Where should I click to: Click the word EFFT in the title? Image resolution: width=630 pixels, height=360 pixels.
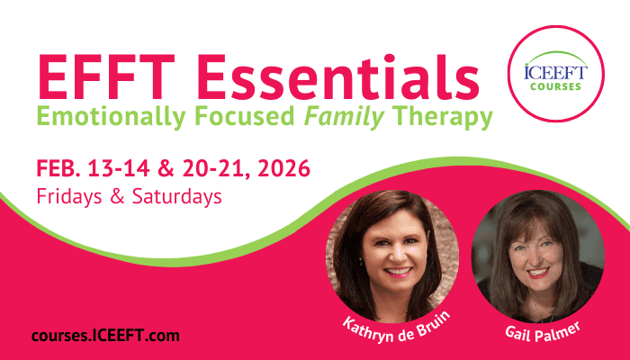pos(106,76)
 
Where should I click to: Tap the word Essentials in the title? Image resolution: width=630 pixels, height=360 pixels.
pos(337,76)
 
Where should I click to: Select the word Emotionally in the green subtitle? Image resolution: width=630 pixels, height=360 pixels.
pos(112,117)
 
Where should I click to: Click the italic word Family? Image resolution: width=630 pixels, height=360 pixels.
pos(344,117)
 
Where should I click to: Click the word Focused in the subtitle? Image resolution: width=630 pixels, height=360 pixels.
pos(245,116)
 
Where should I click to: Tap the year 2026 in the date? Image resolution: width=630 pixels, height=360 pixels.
pos(283,168)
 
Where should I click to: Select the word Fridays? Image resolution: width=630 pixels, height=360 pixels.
pos(69,197)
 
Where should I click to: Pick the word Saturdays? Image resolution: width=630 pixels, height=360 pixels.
pos(176,196)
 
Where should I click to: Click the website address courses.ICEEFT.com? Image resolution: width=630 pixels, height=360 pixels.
pos(105,336)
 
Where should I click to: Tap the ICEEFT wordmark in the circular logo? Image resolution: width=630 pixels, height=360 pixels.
pos(555,73)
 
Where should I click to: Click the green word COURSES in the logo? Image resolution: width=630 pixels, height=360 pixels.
pos(555,86)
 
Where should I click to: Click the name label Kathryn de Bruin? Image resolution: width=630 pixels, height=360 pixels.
pos(396,328)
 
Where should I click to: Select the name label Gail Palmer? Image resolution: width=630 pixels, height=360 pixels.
pos(543,333)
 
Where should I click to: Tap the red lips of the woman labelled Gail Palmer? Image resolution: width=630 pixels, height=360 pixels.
pos(537,273)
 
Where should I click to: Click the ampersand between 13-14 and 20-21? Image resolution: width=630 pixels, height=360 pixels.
pos(166,168)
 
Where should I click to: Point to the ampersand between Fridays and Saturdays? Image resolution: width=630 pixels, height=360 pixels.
pos(117,196)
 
